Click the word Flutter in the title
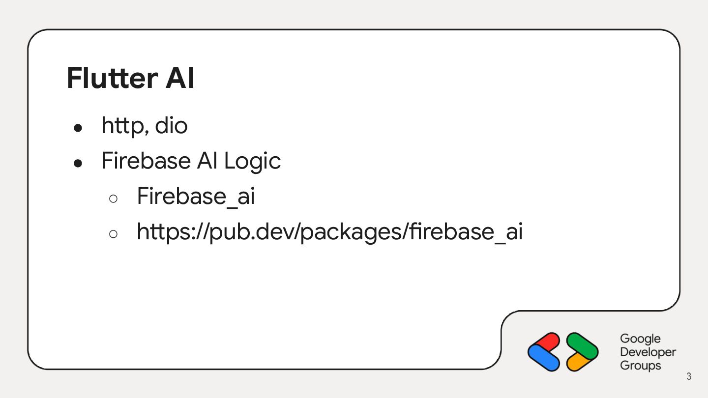112,79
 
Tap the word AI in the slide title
180,79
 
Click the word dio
171,126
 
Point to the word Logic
252,161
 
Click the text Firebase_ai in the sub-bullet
196,197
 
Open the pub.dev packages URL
329,232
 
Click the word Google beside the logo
640,339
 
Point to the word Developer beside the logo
648,352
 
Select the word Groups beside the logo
640,366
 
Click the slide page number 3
689,377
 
